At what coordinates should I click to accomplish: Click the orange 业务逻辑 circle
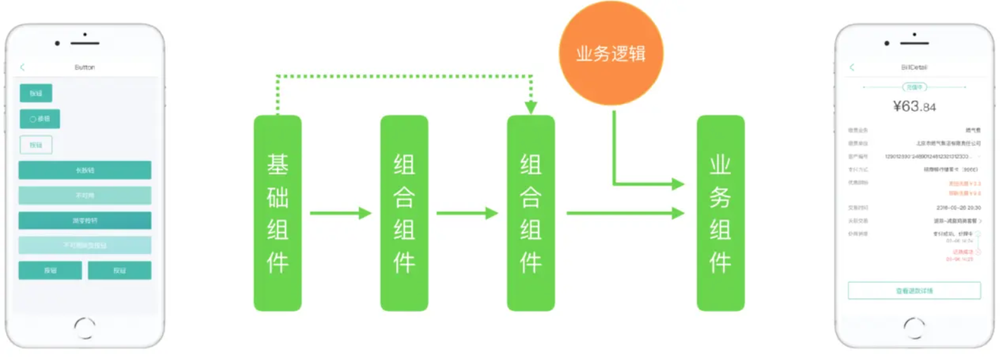[x=611, y=53]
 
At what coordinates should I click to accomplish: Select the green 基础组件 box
[x=277, y=213]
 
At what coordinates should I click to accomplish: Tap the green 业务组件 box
[x=720, y=213]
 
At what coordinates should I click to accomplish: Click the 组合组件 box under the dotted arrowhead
[x=531, y=213]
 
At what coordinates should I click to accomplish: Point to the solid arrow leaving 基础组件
[x=340, y=213]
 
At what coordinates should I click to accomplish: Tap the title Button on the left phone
[x=85, y=67]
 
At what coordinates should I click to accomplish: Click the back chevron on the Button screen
[x=23, y=67]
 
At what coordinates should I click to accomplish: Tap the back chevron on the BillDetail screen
[x=852, y=67]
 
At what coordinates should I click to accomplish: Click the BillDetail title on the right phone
[x=914, y=67]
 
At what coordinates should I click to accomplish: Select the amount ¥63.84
[x=914, y=106]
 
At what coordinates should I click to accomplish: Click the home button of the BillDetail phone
[x=914, y=327]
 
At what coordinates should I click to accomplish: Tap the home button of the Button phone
[x=85, y=327]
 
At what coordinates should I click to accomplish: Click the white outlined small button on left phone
[x=35, y=145]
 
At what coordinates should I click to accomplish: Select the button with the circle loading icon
[x=39, y=119]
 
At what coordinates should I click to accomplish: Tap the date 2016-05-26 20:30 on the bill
[x=958, y=208]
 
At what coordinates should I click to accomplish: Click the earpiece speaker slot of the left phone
[x=85, y=43]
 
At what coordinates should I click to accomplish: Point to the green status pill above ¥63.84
[x=914, y=87]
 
